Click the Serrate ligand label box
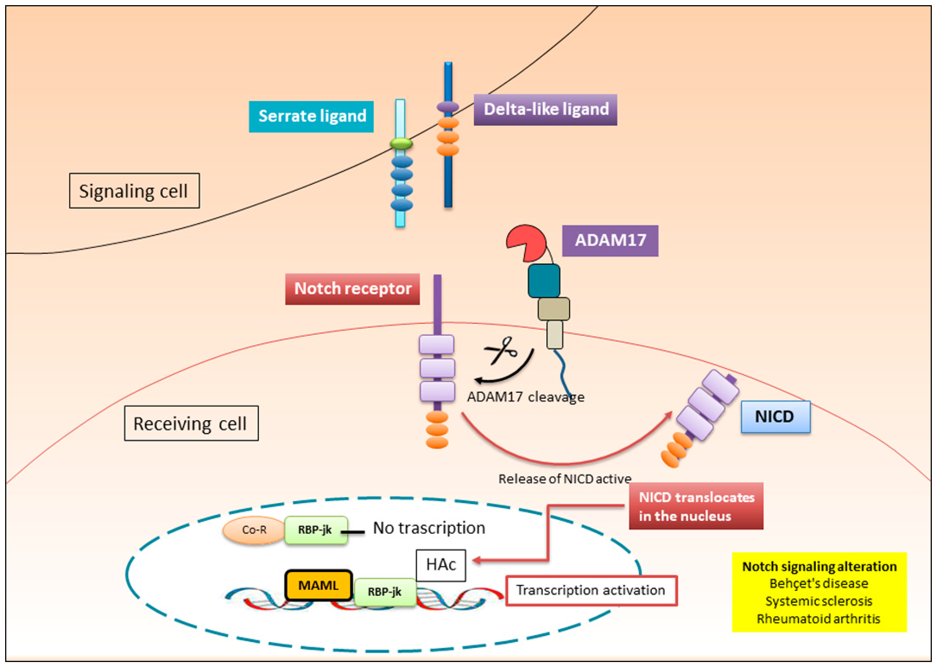tap(311, 117)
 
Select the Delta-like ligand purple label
tap(545, 110)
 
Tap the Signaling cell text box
tap(134, 191)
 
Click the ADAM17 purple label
tap(610, 241)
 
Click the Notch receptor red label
tap(352, 289)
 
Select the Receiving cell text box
tap(191, 423)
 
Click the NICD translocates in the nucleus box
tap(696, 506)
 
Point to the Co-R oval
tap(254, 530)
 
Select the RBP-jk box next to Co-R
tap(316, 530)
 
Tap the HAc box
tap(441, 565)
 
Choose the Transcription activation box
tap(591, 591)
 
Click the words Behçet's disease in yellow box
tap(819, 584)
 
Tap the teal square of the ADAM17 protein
tap(544, 281)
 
